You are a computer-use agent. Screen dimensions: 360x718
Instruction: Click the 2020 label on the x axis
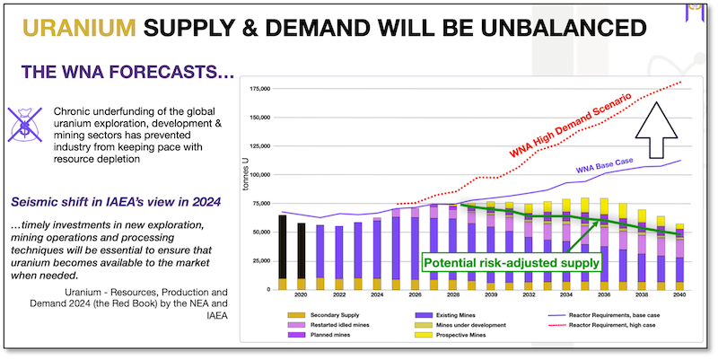tap(302, 296)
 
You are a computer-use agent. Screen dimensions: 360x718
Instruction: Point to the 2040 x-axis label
tap(679, 296)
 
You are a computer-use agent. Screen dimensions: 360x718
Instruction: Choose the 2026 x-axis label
tap(416, 296)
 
